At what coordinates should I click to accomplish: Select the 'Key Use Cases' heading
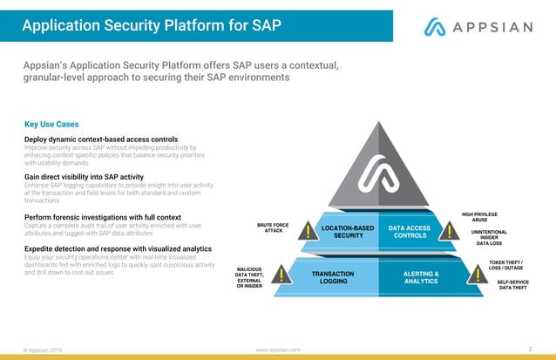[58, 124]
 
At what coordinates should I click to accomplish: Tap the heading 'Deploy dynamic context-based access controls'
[101, 139]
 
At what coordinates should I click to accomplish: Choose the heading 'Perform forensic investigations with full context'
[103, 216]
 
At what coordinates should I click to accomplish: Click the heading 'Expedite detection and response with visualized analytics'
[119, 248]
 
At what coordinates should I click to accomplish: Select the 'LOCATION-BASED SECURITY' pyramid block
[347, 232]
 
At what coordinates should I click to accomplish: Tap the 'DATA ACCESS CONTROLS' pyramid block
[410, 232]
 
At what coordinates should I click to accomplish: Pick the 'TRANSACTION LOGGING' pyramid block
[333, 277]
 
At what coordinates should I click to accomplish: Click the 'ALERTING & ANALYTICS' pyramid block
[422, 277]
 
